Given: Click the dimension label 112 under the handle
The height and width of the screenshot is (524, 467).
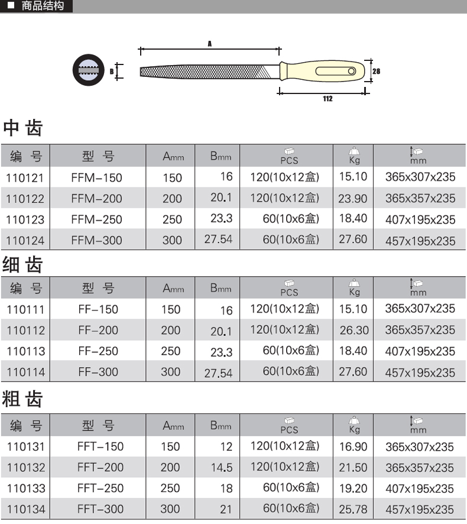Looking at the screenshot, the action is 327,99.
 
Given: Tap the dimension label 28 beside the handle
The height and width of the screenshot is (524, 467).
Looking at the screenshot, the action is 376,71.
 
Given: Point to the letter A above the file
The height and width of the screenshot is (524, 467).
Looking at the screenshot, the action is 210,44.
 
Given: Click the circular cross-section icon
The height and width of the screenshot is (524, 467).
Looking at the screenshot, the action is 89,70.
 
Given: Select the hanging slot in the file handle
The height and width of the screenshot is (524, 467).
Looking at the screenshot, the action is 335,71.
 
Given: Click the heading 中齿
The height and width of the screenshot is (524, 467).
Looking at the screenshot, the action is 22,128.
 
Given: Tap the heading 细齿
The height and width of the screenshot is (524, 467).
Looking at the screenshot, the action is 22,265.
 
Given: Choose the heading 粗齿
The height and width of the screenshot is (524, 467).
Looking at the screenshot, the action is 22,399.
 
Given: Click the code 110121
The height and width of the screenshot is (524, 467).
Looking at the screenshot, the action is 25,178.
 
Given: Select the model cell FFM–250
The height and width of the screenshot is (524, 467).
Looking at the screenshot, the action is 96,219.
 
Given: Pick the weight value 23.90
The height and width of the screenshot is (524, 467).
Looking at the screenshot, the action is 353,199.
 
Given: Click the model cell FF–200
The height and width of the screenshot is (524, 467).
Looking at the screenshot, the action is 98,330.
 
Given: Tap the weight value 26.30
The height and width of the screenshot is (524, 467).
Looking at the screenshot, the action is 354,330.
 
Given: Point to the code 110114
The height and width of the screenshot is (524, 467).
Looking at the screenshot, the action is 26,372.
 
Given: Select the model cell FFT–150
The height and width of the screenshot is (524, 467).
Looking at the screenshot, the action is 100,447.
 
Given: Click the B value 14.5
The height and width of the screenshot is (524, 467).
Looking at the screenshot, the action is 222,468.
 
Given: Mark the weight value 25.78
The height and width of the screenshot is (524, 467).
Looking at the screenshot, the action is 353,509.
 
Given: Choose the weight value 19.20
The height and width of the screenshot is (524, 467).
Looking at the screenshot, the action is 354,489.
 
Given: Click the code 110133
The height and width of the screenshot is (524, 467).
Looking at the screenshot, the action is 26,489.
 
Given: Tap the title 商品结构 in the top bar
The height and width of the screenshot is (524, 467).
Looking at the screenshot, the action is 43,6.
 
